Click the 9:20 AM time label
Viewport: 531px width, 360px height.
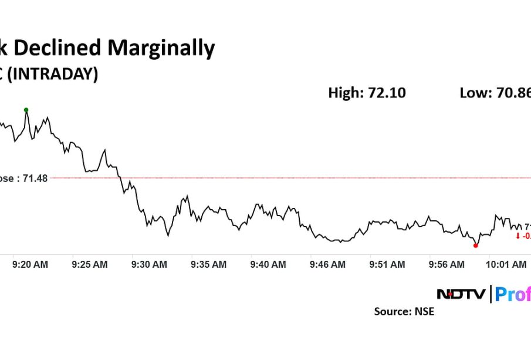click(30, 265)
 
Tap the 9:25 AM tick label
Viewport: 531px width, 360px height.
click(90, 265)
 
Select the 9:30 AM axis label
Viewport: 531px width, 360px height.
click(149, 265)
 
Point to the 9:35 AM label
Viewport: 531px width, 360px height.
click(208, 265)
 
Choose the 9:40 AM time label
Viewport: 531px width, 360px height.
click(268, 265)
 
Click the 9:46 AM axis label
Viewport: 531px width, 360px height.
click(327, 265)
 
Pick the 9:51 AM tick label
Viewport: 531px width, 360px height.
click(387, 265)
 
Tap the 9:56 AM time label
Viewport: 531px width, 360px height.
click(447, 265)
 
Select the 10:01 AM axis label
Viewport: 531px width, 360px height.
click(506, 265)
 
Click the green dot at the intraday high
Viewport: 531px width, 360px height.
click(26, 110)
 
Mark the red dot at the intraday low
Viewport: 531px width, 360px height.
click(475, 245)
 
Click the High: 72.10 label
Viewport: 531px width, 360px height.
click(367, 93)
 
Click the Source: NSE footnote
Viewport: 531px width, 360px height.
click(404, 312)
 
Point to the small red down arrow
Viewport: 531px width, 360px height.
click(518, 236)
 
